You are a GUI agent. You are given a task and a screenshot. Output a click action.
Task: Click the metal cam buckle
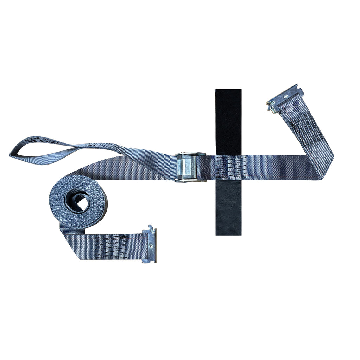[x=190, y=167]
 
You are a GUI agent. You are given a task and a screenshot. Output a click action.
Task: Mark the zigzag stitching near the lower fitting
[x=111, y=247]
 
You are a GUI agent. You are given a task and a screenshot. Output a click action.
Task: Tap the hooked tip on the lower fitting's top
[x=150, y=227]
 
